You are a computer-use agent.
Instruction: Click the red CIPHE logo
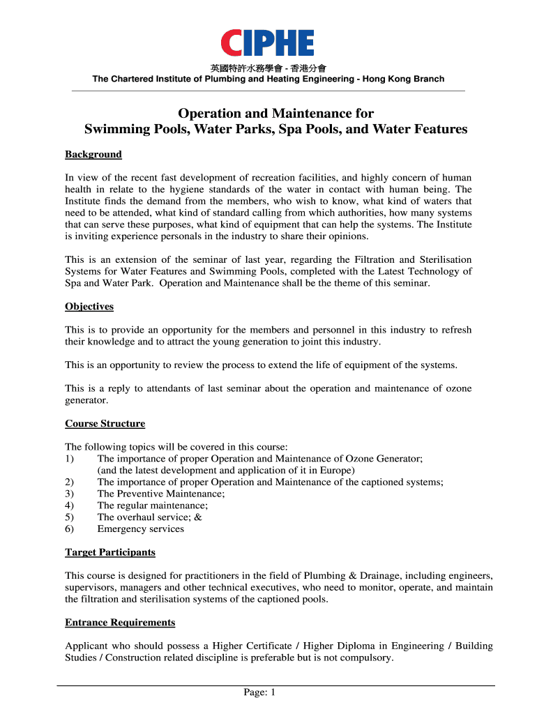[x=268, y=43]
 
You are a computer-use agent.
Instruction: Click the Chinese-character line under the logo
[x=268, y=68]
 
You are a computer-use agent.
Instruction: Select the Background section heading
[x=93, y=154]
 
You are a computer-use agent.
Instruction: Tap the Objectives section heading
[x=89, y=306]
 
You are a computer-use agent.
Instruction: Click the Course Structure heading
[x=105, y=423]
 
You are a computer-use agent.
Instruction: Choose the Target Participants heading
[x=110, y=552]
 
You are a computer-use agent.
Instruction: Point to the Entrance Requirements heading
[x=120, y=622]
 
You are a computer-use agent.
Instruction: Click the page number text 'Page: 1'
[x=260, y=692]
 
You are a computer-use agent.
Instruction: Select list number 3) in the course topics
[x=69, y=494]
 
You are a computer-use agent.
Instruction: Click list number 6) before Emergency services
[x=69, y=529]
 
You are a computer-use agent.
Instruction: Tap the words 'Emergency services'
[x=141, y=529]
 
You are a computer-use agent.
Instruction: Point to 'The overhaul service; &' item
[x=149, y=517]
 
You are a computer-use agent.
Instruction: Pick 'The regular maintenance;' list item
[x=153, y=505]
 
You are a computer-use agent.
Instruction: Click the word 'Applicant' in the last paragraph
[x=87, y=646]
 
